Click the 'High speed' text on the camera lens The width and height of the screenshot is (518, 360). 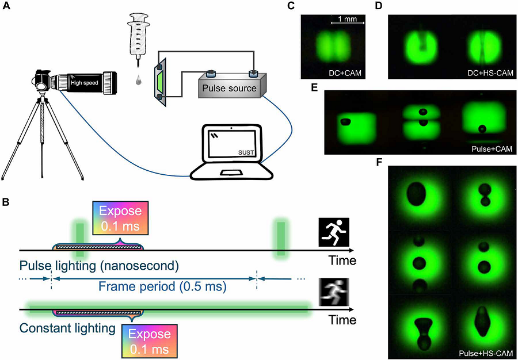pyautogui.click(x=84, y=82)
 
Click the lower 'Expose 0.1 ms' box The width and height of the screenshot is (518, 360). pyautogui.click(x=150, y=342)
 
